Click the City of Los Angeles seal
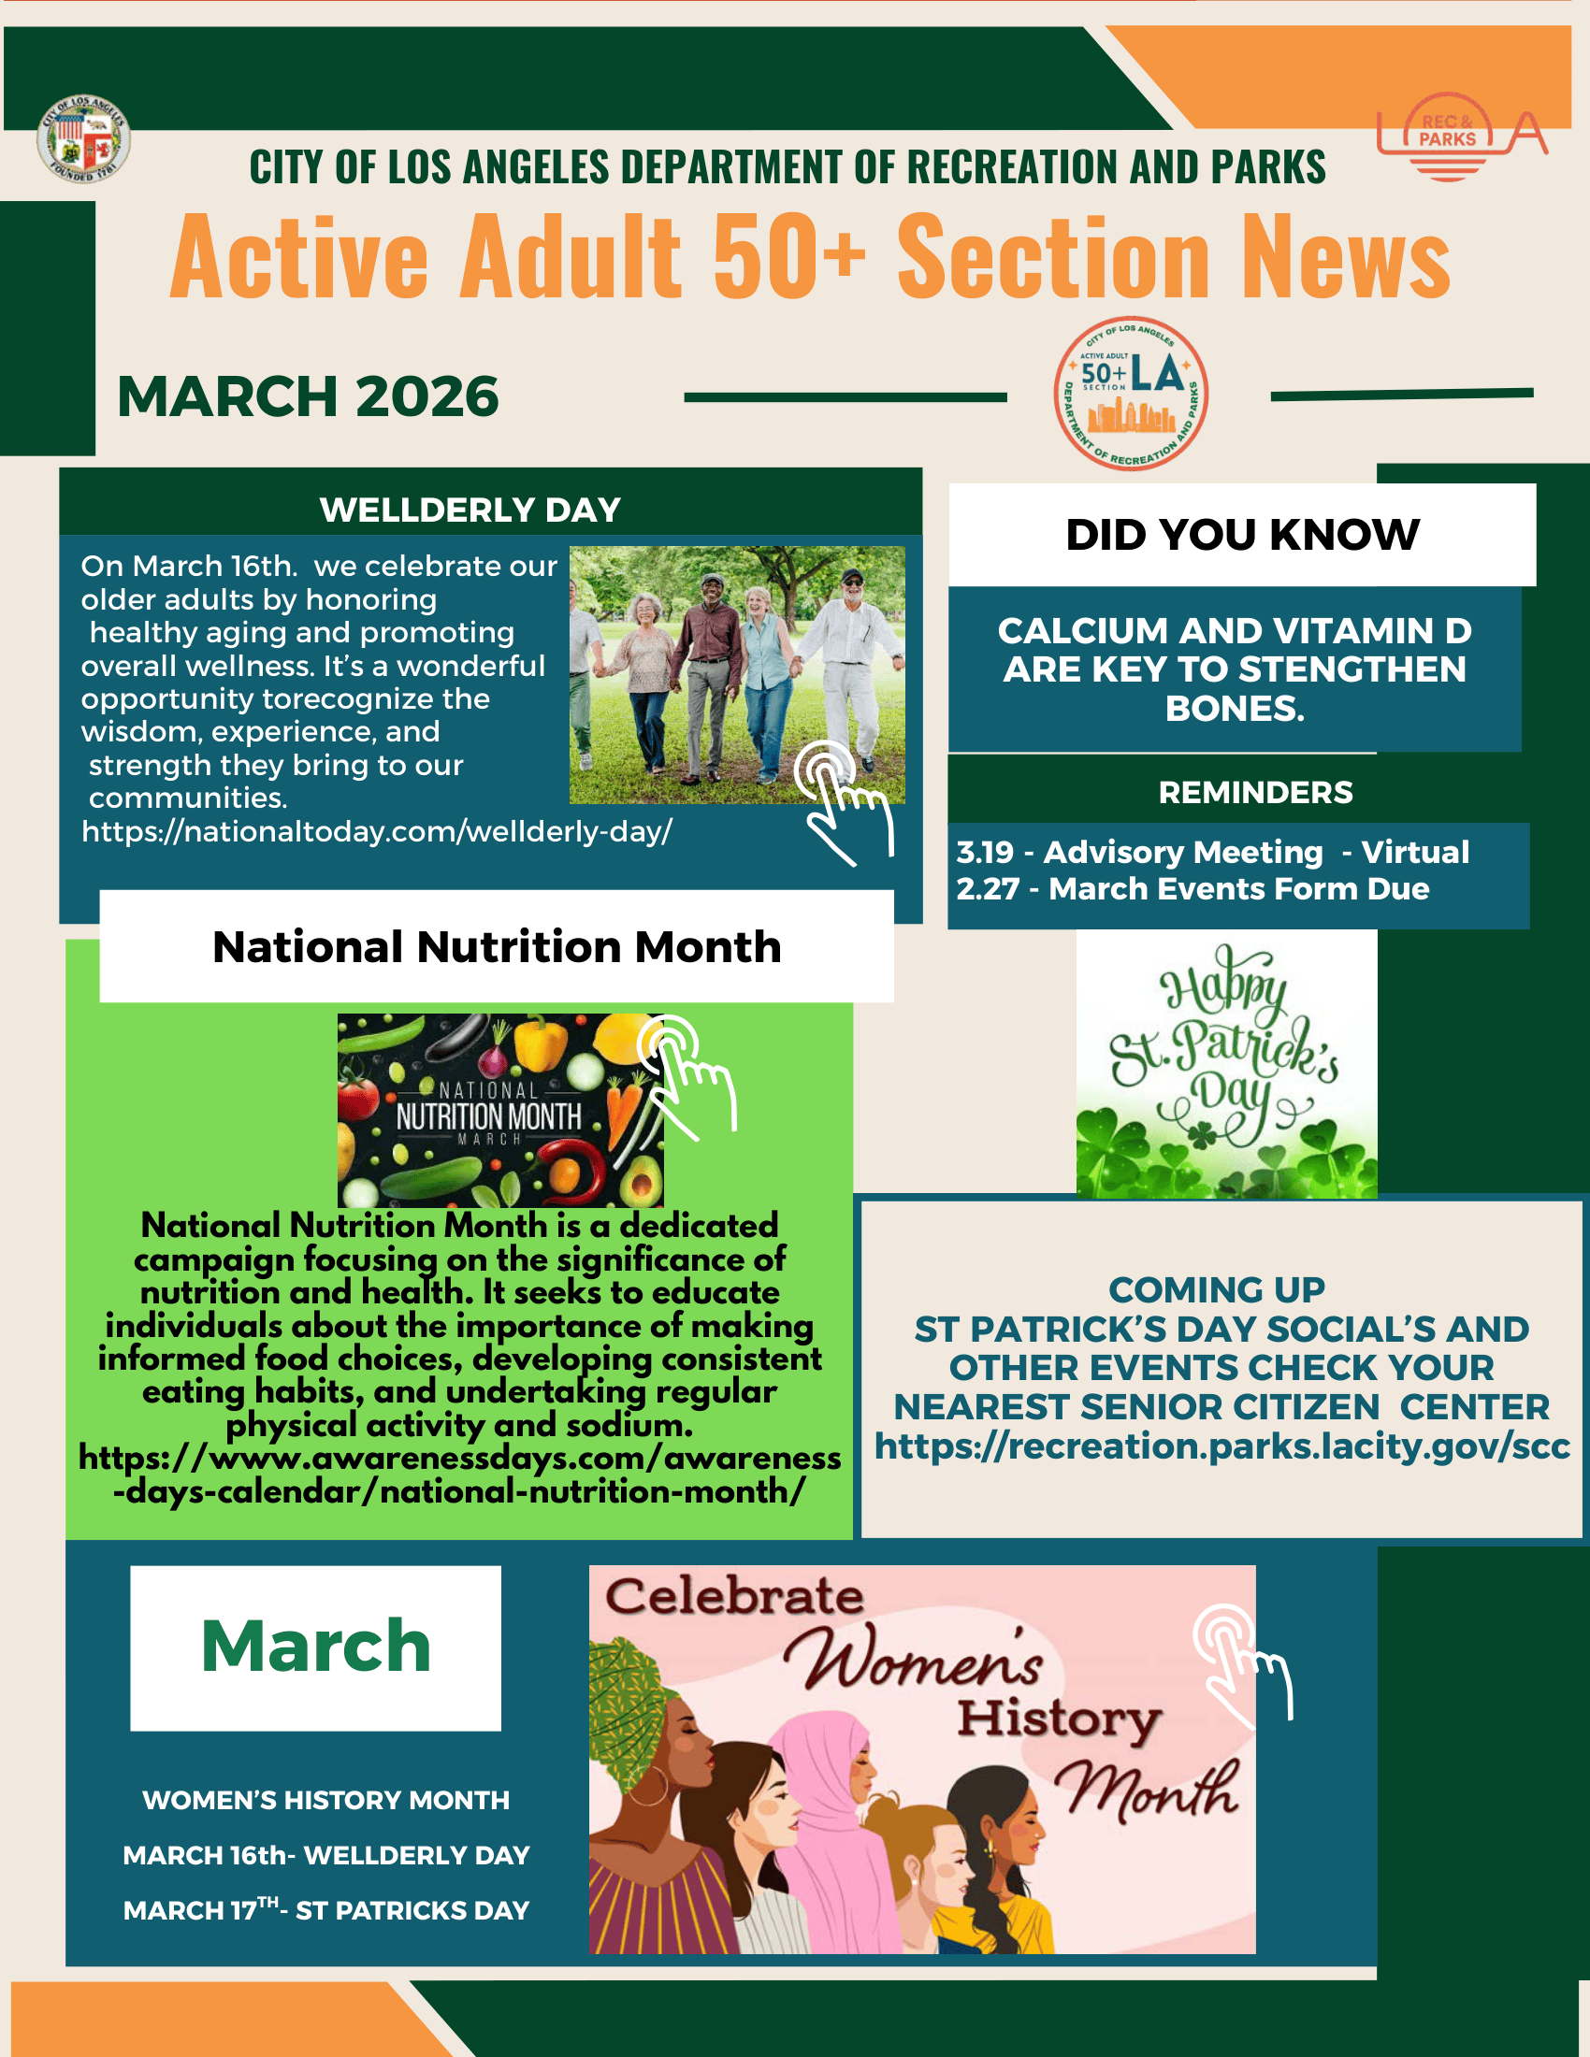coord(83,139)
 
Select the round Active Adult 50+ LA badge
coord(1131,394)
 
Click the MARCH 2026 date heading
coord(307,396)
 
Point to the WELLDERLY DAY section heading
coord(470,511)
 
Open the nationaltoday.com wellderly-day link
coord(377,831)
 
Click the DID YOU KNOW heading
coord(1241,535)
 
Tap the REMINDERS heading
coord(1254,793)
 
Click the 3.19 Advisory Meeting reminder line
coord(1212,853)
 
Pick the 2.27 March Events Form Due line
coord(1192,889)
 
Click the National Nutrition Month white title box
coord(497,946)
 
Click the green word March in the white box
coord(315,1647)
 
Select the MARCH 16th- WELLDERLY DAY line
coord(325,1855)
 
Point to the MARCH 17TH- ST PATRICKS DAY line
coord(325,1910)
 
